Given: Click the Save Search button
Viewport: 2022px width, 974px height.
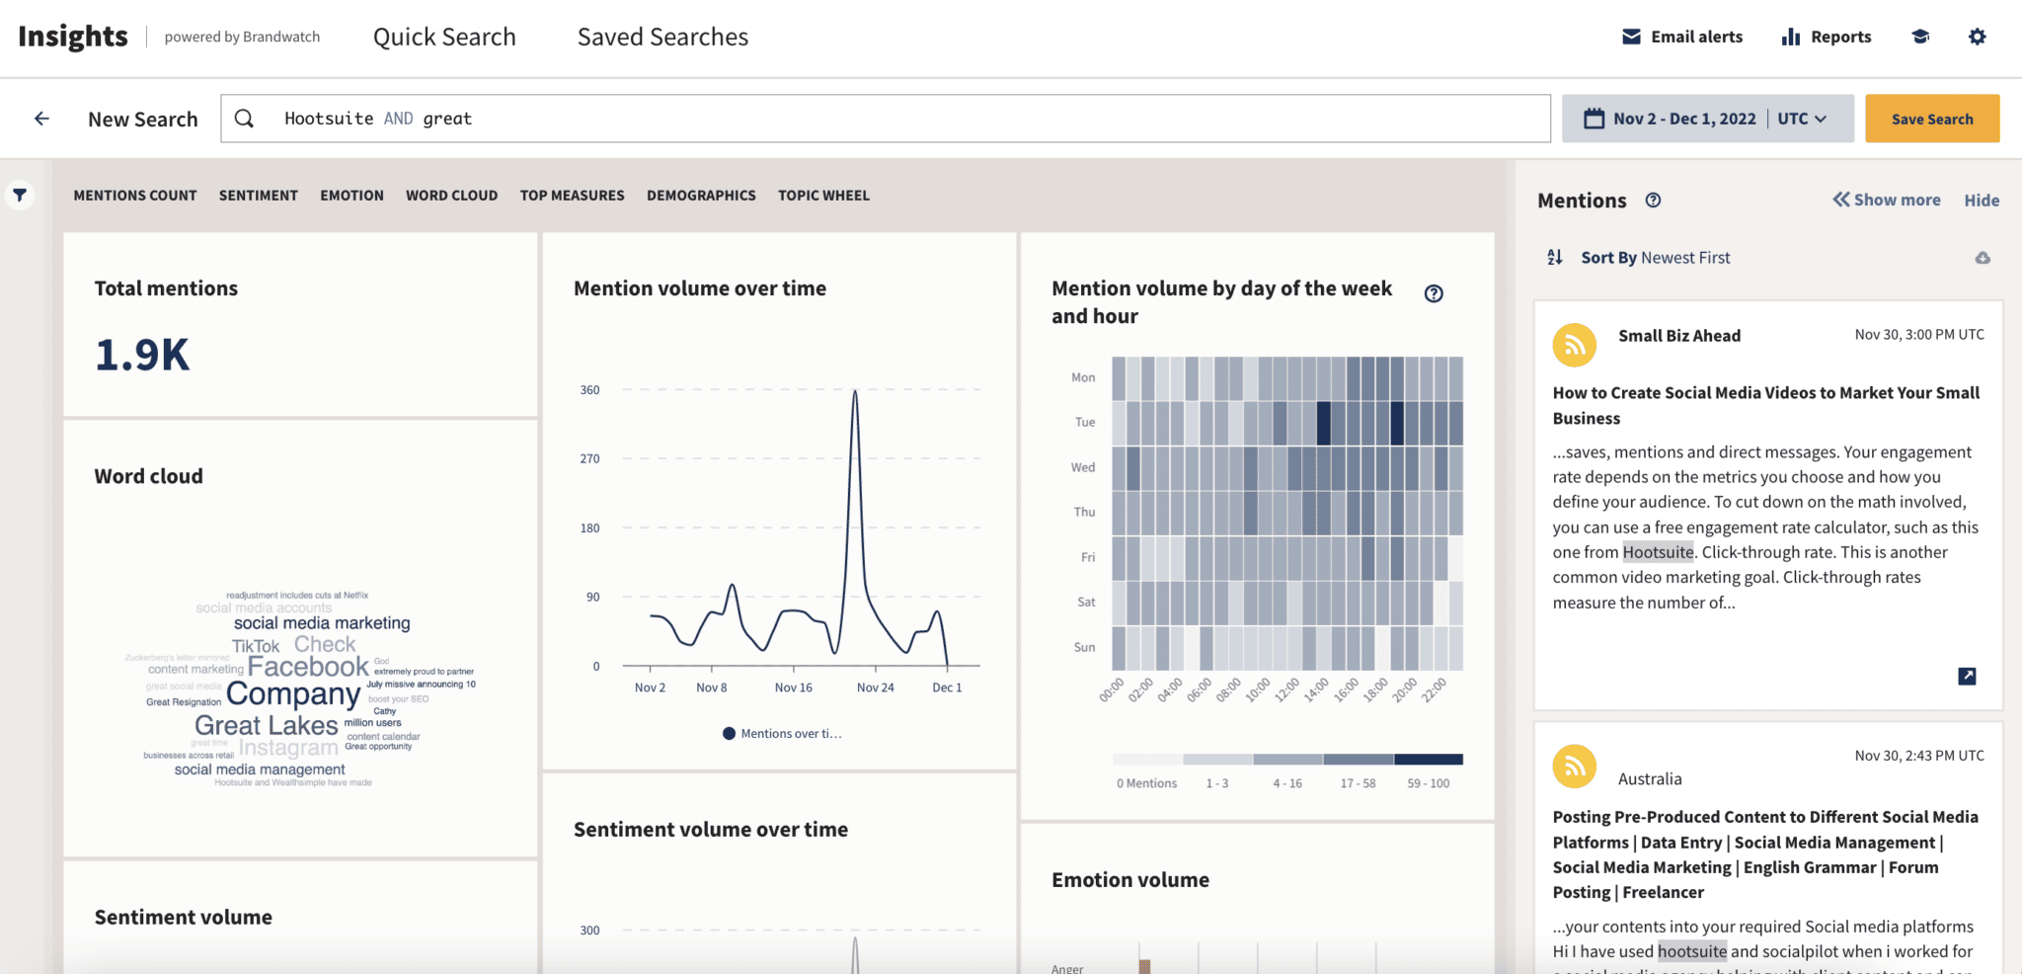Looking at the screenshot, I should pos(1931,119).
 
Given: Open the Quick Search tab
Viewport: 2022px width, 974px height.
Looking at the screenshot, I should pos(444,38).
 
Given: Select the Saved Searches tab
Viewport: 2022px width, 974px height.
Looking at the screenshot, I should pos(662,38).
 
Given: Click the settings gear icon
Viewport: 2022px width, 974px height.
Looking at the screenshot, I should pos(1977,38).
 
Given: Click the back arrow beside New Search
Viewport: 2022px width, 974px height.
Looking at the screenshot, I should pos(41,119).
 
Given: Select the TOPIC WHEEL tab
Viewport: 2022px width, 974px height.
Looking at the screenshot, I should pos(823,196).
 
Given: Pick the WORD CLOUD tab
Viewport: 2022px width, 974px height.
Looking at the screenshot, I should pos(451,196).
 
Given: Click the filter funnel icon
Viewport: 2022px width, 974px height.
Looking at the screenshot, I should pos(20,195).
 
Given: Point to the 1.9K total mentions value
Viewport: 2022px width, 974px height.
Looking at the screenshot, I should pos(142,356).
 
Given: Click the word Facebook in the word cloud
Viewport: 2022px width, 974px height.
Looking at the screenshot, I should pos(308,667).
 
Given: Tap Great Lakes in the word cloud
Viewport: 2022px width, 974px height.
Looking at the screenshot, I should pos(267,725).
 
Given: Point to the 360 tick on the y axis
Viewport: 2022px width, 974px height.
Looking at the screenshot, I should pos(589,390).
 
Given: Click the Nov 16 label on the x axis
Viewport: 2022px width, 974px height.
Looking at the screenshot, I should pos(793,688).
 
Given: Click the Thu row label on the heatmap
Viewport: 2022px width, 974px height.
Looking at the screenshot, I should pos(1084,512).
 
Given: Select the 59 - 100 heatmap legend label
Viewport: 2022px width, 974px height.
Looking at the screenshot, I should pos(1428,783).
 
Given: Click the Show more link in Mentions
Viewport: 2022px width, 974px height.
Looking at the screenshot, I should pos(1887,200).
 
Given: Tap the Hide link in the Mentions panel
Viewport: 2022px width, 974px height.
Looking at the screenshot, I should pos(1982,201).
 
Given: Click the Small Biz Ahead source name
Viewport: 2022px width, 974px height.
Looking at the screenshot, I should pos(1678,336).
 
